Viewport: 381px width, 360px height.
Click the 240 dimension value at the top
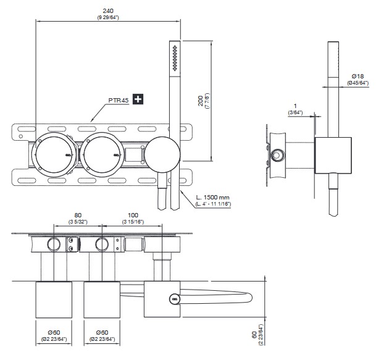(x=108, y=9)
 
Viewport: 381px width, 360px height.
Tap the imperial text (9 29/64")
(x=108, y=17)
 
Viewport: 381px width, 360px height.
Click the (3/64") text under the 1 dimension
(x=295, y=113)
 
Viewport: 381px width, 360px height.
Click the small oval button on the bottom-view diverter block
(x=175, y=299)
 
